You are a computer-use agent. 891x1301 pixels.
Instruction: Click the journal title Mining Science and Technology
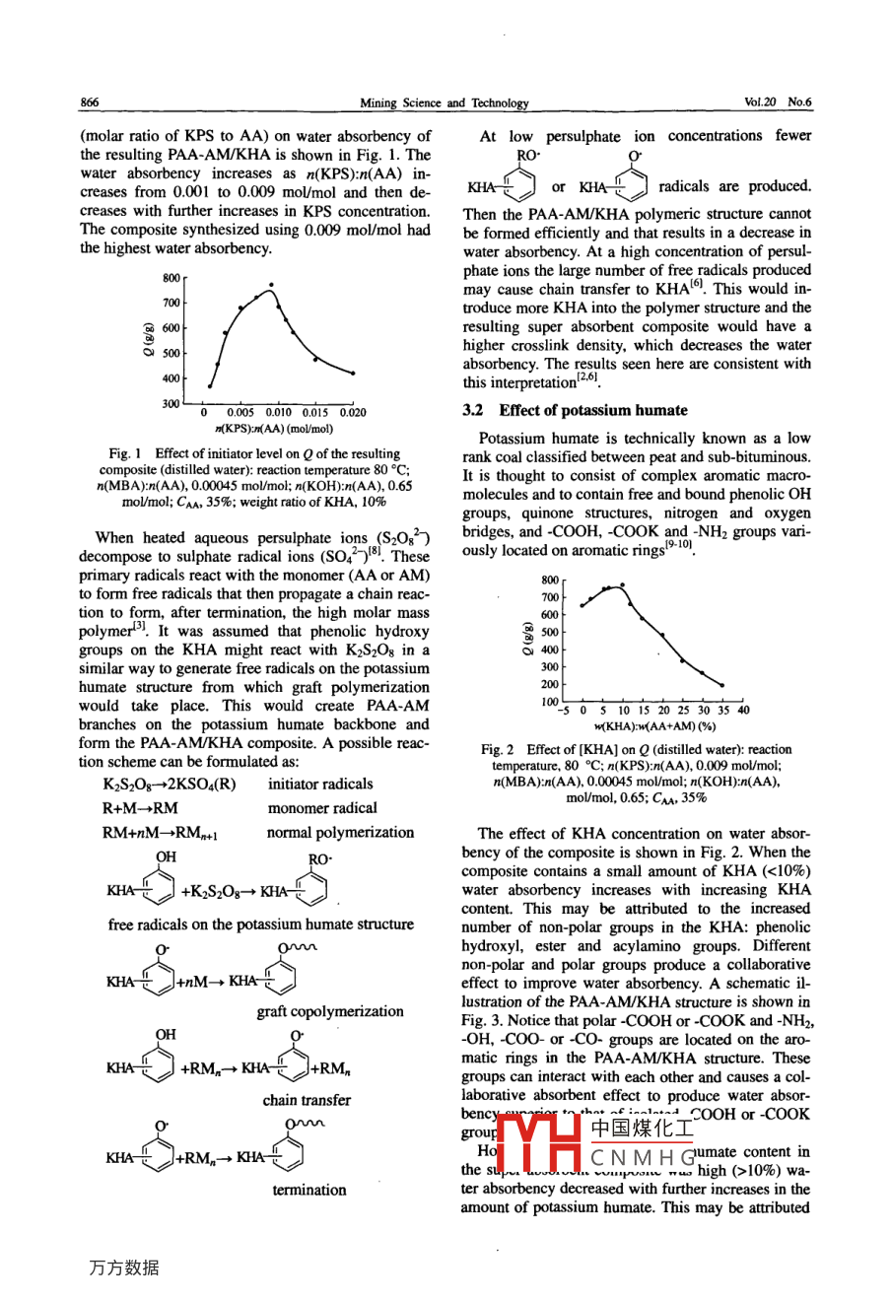(445, 103)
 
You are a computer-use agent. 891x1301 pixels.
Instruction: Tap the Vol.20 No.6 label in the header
(778, 103)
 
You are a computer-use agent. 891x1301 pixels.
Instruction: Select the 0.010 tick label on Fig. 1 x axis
(278, 413)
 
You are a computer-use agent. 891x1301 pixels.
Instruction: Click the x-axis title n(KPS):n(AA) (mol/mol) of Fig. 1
(274, 429)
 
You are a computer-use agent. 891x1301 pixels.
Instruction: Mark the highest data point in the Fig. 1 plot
(271, 286)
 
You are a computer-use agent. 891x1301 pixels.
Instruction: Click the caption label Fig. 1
(125, 454)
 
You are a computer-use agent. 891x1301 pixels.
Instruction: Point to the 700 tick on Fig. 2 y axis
(550, 597)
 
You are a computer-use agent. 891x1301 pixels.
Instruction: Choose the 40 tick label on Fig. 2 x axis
(742, 710)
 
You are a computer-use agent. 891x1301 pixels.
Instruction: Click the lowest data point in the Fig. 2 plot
(722, 685)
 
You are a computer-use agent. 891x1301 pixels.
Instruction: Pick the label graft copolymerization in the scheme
(330, 1011)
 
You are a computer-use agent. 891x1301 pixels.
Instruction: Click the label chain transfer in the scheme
(307, 1100)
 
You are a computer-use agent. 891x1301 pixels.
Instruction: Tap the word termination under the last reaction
(309, 1190)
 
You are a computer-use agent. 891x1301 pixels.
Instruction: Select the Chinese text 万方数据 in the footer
(123, 1268)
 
